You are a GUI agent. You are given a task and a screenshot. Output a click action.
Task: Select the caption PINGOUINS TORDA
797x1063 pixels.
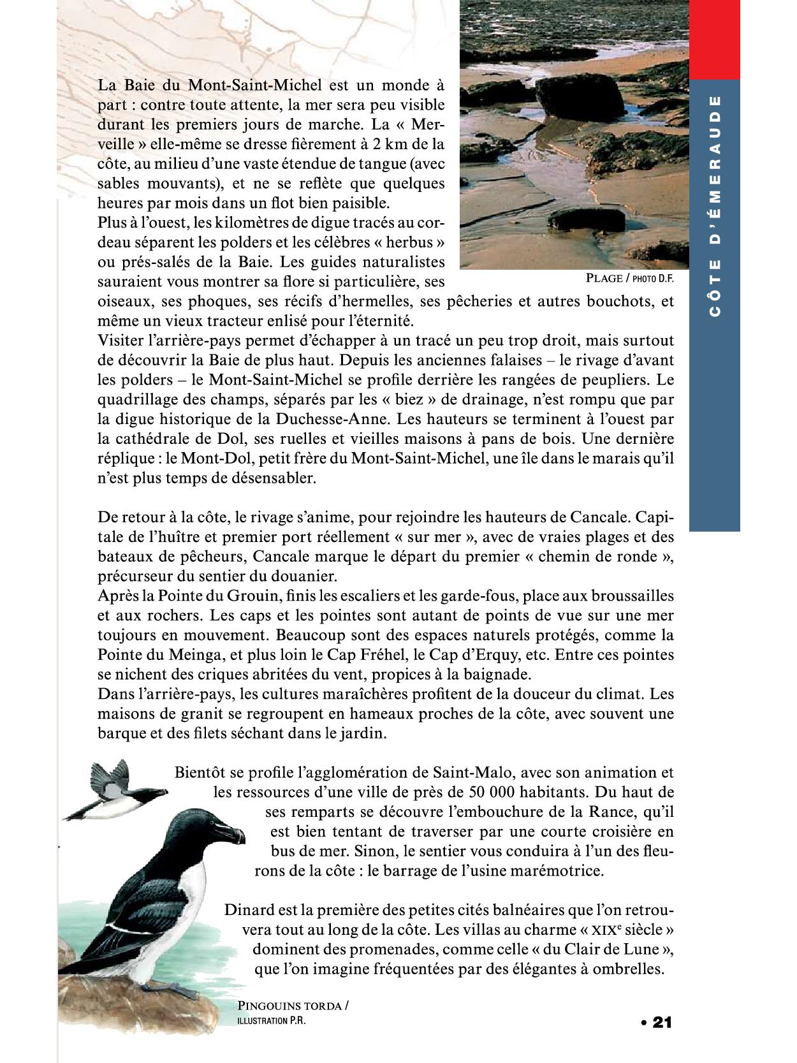[x=290, y=1006]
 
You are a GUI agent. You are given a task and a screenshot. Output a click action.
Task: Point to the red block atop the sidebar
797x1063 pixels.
[x=714, y=40]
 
